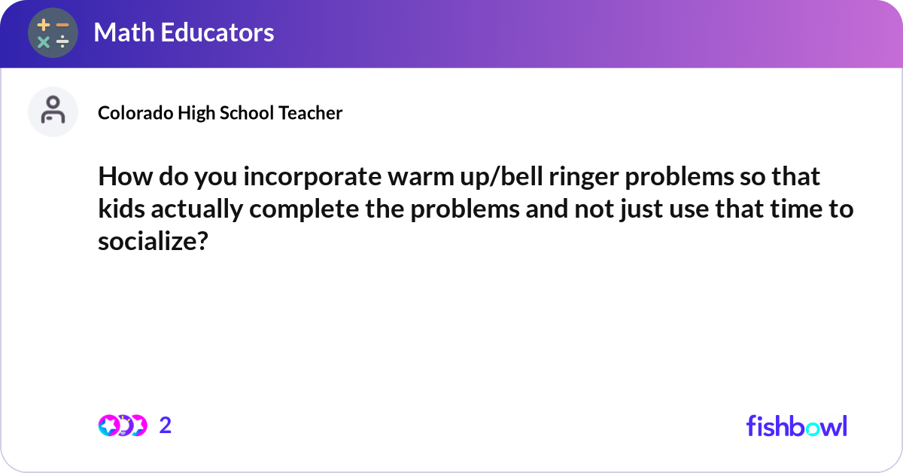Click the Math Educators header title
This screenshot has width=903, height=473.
184,32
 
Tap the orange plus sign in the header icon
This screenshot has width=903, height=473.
44,25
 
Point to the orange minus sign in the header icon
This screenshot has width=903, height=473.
62,25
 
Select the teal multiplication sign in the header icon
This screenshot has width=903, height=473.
44,42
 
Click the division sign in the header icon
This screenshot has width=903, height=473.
62,42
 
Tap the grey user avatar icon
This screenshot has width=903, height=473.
53,111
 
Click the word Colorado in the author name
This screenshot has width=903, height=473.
135,113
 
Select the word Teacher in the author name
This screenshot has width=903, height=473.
311,113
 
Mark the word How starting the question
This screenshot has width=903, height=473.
122,179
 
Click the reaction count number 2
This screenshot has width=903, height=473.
166,426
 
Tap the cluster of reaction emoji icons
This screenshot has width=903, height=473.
122,426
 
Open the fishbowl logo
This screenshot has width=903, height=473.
796,426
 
